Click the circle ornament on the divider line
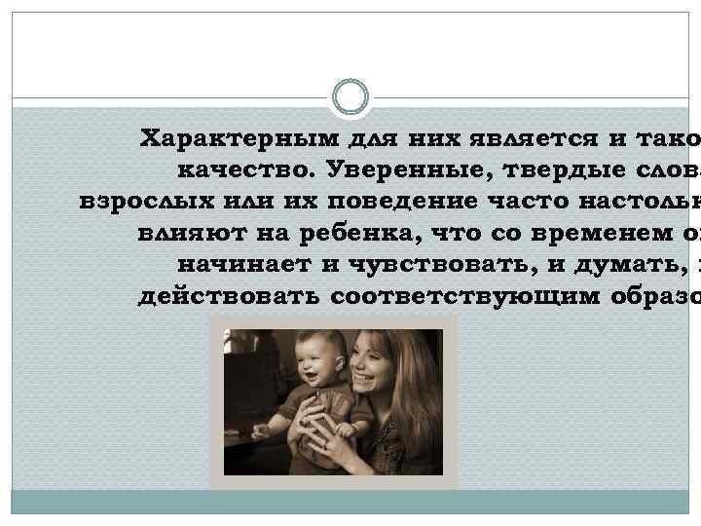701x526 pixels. (x=350, y=96)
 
